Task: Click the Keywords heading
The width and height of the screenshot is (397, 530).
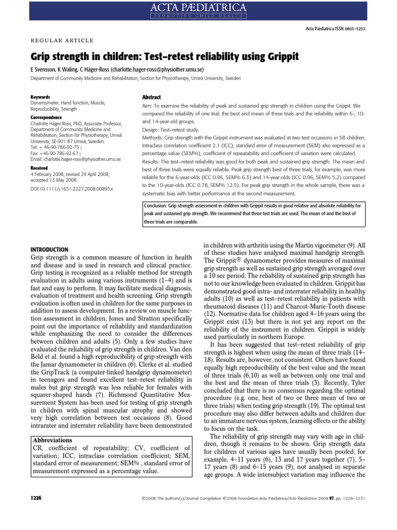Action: point(40,97)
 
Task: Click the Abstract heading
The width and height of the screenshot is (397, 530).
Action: point(151,97)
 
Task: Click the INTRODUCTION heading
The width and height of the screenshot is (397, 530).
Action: point(50,249)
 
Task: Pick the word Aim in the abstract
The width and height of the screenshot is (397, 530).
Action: point(147,106)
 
